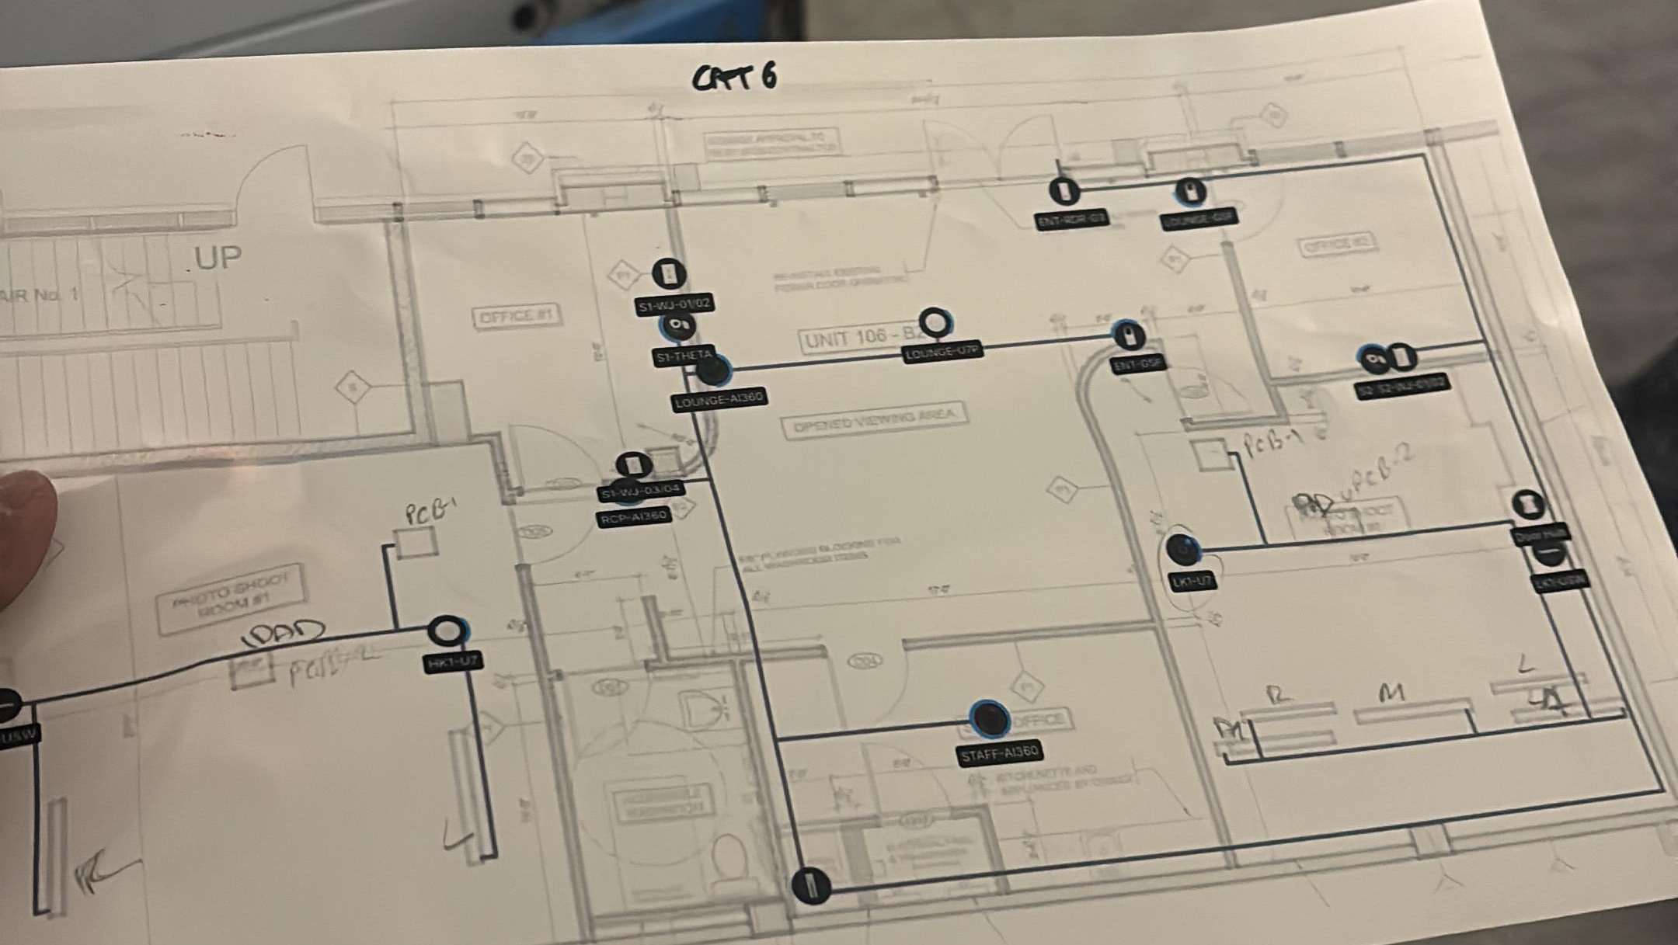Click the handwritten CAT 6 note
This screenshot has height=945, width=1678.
coord(734,78)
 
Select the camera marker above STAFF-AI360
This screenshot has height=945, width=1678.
coord(989,718)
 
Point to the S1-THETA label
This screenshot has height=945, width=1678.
coord(684,356)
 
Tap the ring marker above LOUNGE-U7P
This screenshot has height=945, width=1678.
coord(936,322)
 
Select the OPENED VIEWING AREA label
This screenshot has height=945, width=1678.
coord(875,421)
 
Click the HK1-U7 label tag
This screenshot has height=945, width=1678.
coord(454,662)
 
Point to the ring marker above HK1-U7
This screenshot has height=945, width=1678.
coord(447,631)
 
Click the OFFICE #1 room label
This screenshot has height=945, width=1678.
coord(516,316)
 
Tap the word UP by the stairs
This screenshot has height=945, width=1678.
coord(218,258)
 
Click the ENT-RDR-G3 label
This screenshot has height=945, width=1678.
coord(1072,220)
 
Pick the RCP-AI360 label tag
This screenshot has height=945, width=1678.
coord(634,516)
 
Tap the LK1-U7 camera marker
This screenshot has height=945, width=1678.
coord(1183,549)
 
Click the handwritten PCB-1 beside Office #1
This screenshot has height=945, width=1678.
coord(429,512)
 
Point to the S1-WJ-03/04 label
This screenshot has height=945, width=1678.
coord(642,490)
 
